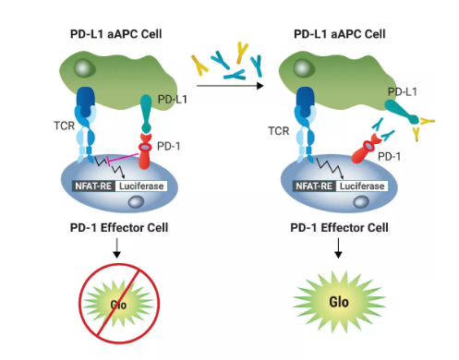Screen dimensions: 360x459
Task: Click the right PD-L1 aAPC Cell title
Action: pyautogui.click(x=338, y=36)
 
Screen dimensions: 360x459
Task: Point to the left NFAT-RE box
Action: pyautogui.click(x=94, y=186)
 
